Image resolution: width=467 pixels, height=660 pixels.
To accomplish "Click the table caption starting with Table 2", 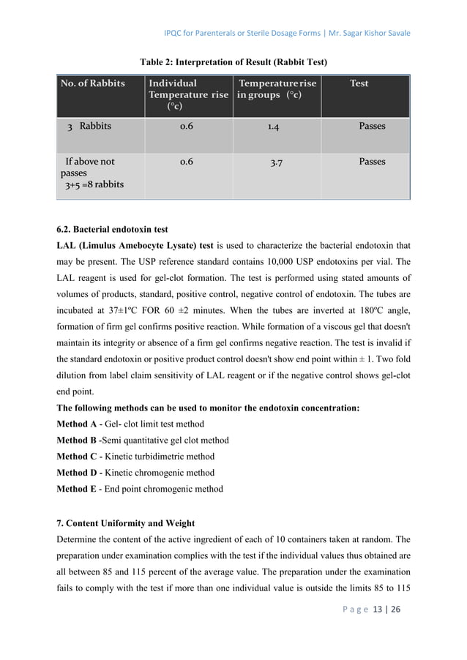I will pyautogui.click(x=233, y=60).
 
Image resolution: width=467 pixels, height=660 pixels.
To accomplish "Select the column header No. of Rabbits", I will pyautogui.click(x=93, y=83).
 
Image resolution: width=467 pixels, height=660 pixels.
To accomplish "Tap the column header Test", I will pyautogui.click(x=359, y=83).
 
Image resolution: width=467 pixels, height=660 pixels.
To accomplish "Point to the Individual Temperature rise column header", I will pyautogui.click(x=188, y=94).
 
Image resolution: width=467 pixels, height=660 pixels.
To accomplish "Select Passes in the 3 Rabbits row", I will pyautogui.click(x=372, y=126).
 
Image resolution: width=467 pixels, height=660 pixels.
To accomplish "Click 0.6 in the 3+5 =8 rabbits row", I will pyautogui.click(x=187, y=162).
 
